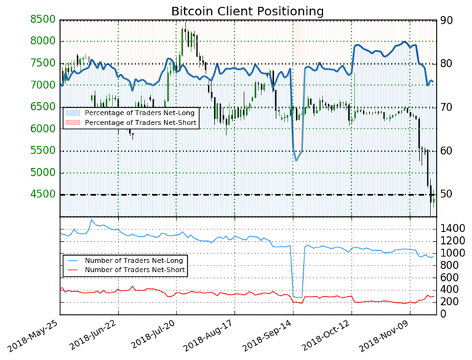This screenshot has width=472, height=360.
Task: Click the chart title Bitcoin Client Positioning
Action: pyautogui.click(x=247, y=11)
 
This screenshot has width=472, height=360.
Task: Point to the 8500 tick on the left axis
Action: pyautogui.click(x=43, y=19)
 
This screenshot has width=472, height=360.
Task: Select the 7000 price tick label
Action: pyautogui.click(x=43, y=85)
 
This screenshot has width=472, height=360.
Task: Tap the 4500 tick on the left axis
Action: pyautogui.click(x=43, y=194)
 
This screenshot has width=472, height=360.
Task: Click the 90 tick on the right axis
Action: pyautogui.click(x=446, y=20)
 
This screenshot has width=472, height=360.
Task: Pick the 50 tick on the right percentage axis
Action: pyautogui.click(x=446, y=194)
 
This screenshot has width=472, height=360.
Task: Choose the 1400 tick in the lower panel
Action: pyautogui.click(x=453, y=229)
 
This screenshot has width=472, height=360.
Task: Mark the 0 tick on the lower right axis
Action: pyautogui.click(x=443, y=314)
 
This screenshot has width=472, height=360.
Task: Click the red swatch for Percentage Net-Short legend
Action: pyautogui.click(x=73, y=122)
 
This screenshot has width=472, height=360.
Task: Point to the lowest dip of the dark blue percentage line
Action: pyautogui.click(x=296, y=161)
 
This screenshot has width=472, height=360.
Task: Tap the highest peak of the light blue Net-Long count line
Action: pyautogui.click(x=92, y=220)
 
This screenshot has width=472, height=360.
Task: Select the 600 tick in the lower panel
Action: pyautogui.click(x=450, y=277)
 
